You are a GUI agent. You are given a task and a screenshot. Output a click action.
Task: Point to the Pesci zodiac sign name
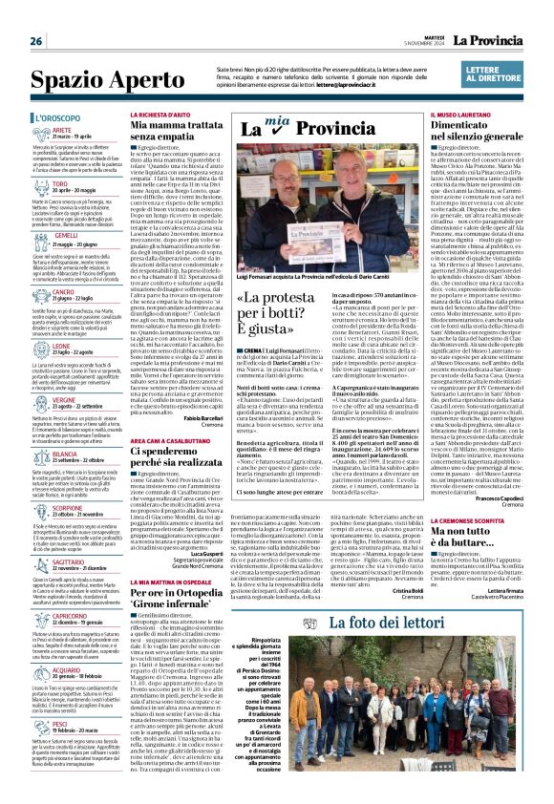tap(60, 724)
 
